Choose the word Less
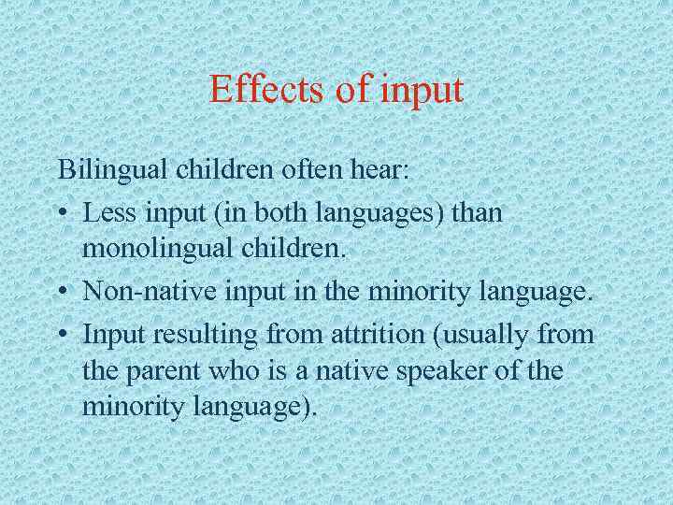(107, 212)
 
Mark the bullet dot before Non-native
(62, 293)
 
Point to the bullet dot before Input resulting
(62, 333)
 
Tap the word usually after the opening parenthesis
(485, 333)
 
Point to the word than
(477, 212)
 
